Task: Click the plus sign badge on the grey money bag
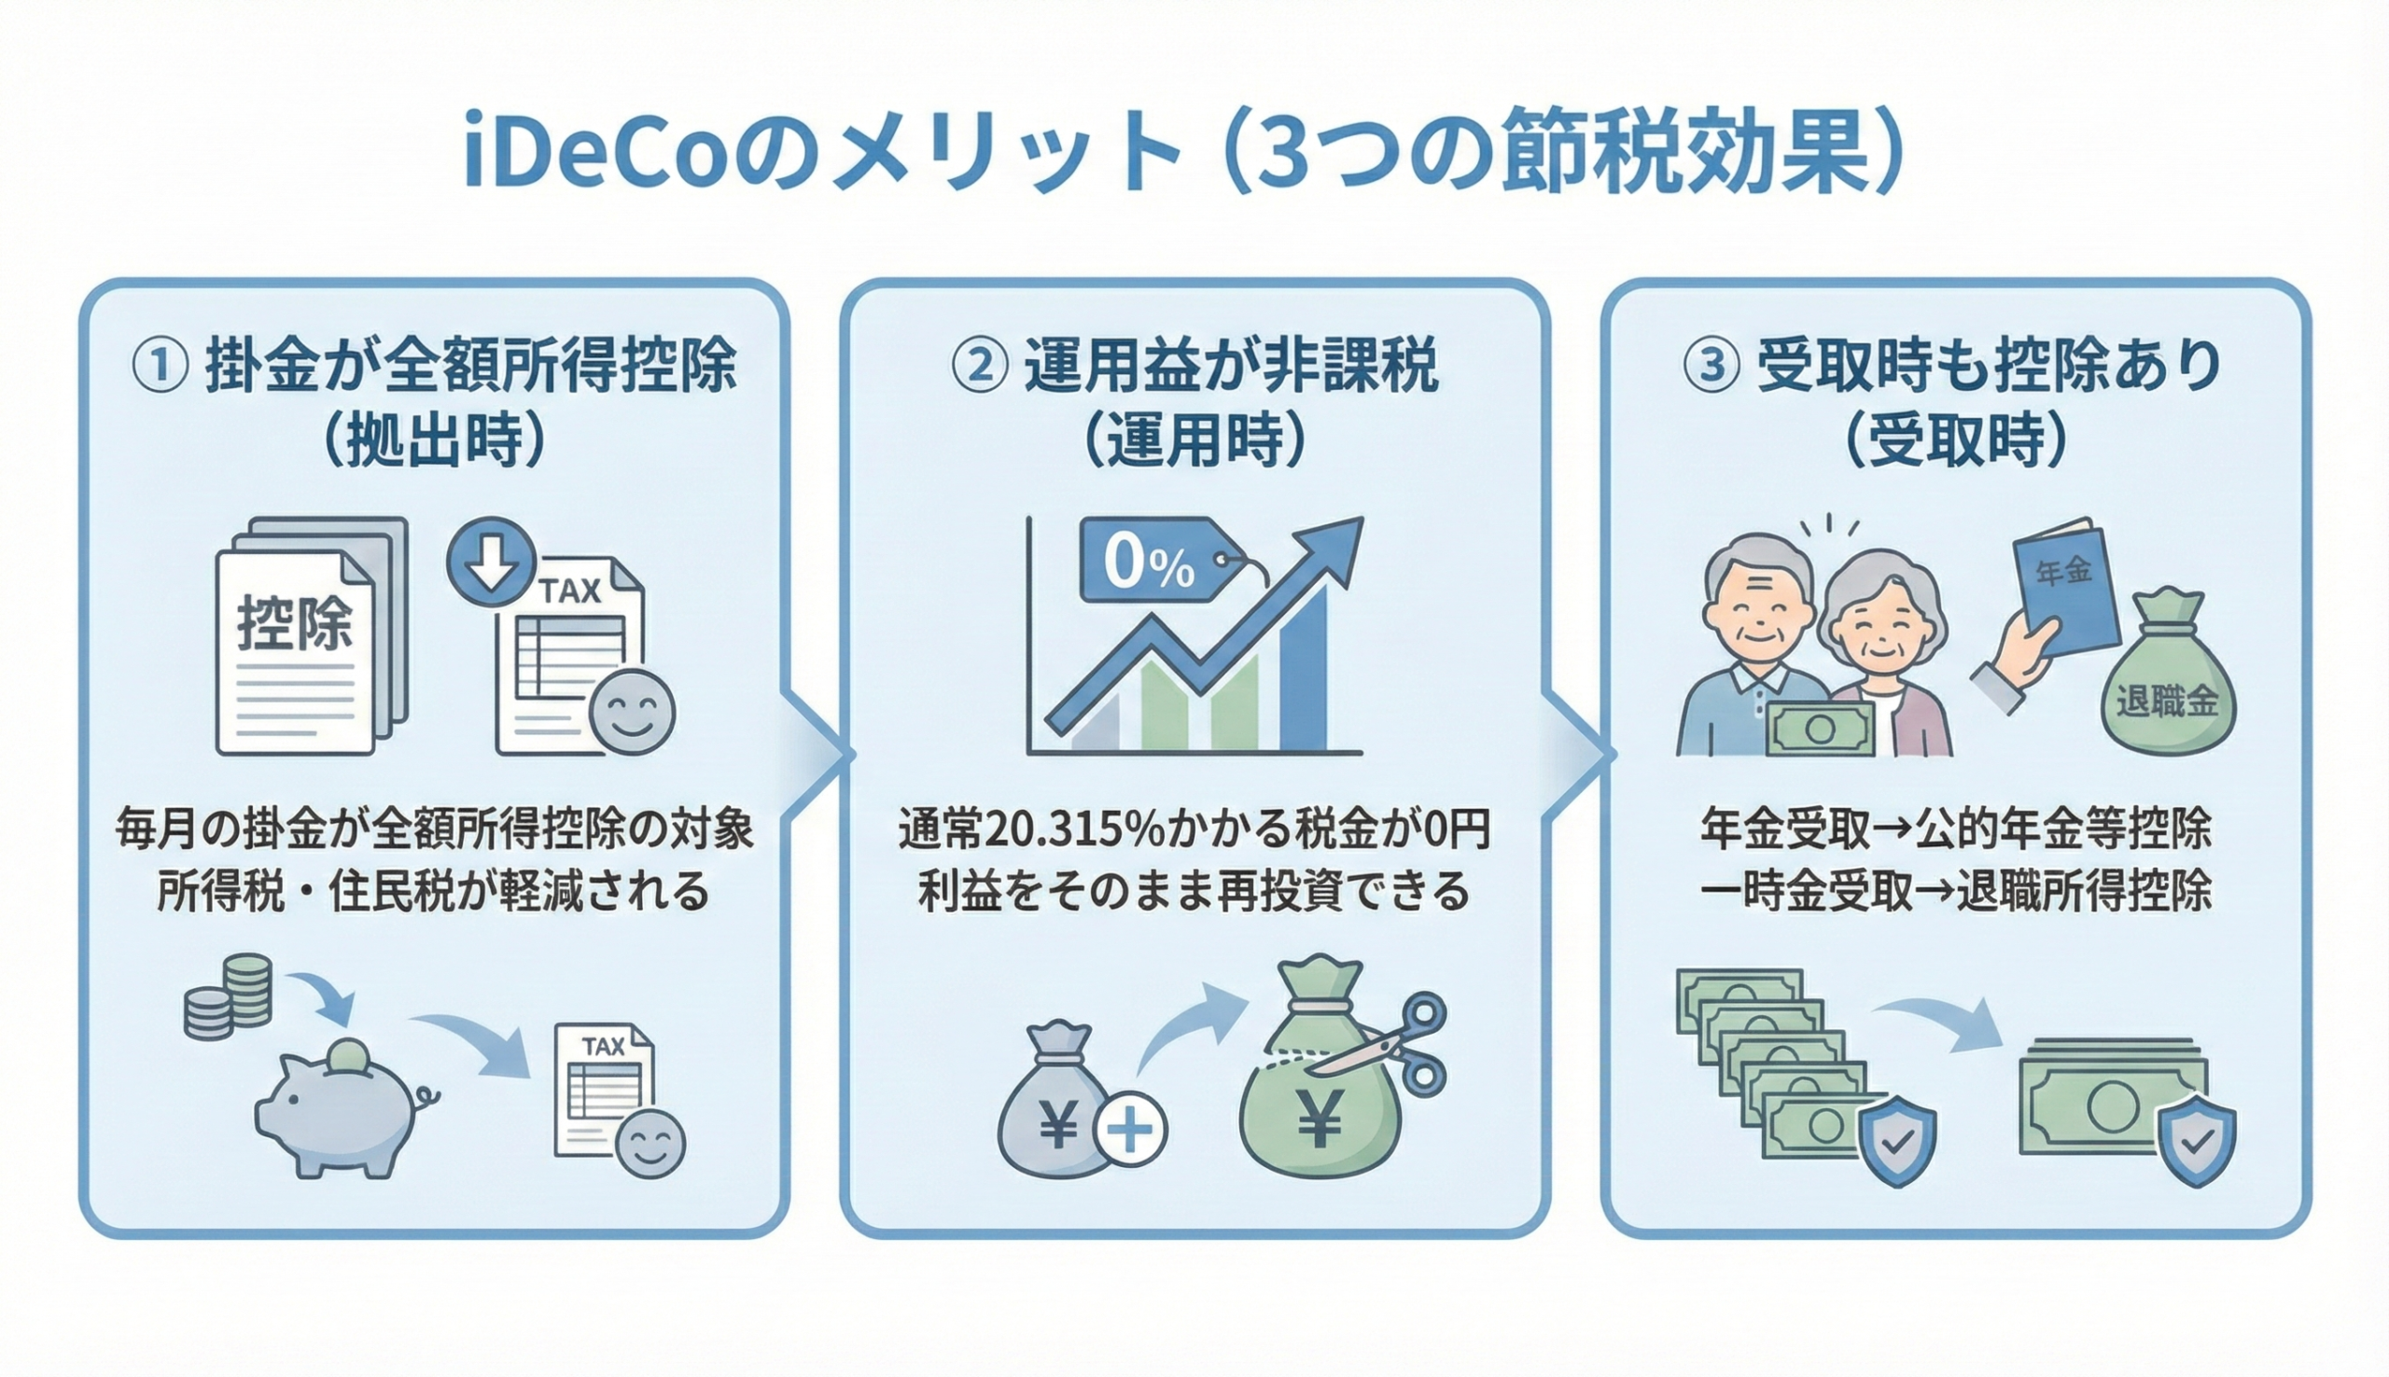pyautogui.click(x=1130, y=1129)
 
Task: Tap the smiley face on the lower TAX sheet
pyautogui.click(x=650, y=1146)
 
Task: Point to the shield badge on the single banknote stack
pyautogui.click(x=2196, y=1141)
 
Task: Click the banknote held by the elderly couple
pyautogui.click(x=1820, y=729)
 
